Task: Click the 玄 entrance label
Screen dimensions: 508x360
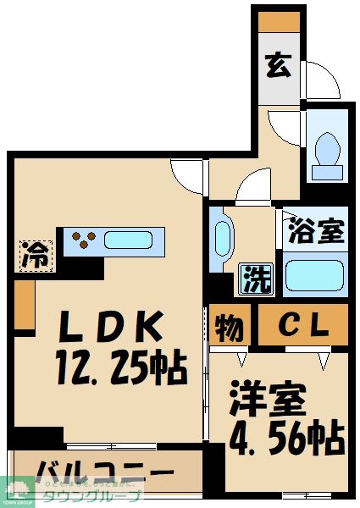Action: (279, 64)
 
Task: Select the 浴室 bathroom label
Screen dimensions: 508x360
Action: (315, 230)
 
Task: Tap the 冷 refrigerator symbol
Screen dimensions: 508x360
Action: (36, 252)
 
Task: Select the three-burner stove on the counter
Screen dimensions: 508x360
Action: (82, 240)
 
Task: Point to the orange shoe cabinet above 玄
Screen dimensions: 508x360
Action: (279, 21)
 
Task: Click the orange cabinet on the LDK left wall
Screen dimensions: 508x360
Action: (24, 305)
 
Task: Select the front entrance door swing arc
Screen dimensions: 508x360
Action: (321, 80)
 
